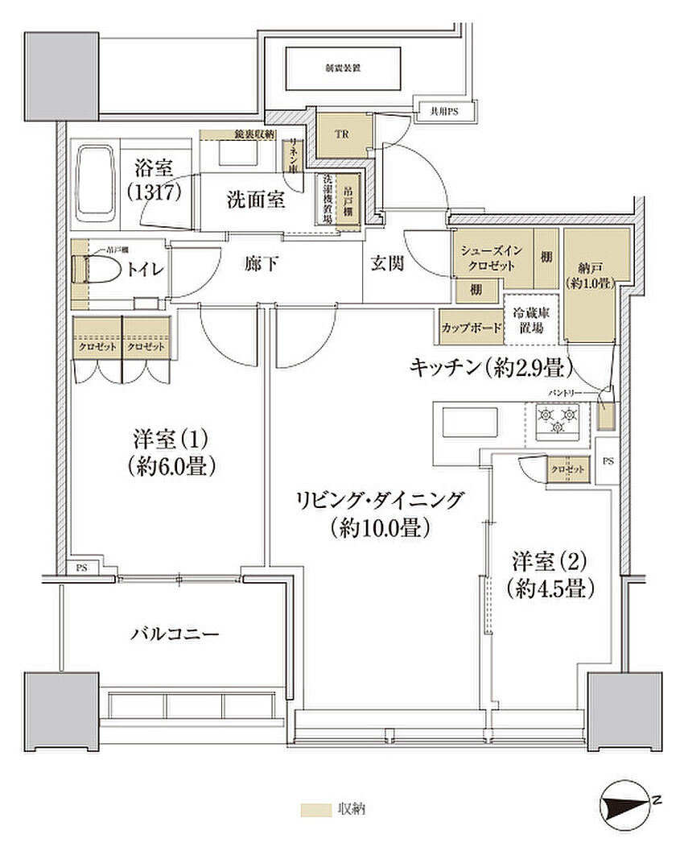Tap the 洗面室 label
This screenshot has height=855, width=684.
(x=255, y=200)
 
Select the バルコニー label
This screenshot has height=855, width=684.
(x=175, y=634)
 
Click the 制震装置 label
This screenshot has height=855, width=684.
(x=343, y=69)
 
